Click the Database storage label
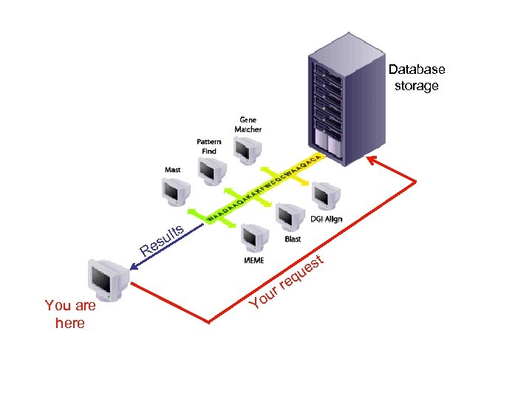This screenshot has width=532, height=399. (x=417, y=78)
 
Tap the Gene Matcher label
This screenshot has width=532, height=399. (x=248, y=124)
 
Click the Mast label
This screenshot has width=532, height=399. (x=171, y=170)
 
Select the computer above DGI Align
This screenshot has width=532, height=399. (x=323, y=195)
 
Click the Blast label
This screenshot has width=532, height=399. (x=293, y=239)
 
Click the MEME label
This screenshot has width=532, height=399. (x=253, y=260)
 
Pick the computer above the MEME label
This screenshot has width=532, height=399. (x=253, y=238)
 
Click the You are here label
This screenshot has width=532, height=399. (x=70, y=314)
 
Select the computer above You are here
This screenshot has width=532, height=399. (x=106, y=279)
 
